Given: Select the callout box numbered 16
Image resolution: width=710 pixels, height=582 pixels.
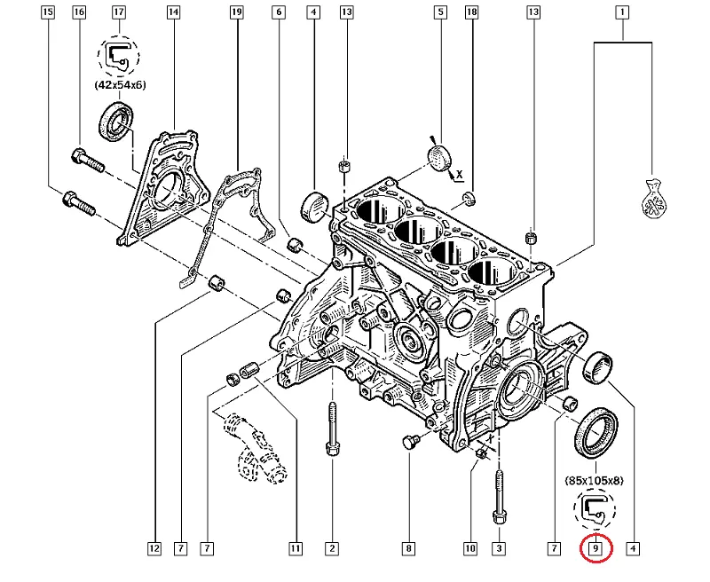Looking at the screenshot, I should pyautogui.click(x=79, y=12).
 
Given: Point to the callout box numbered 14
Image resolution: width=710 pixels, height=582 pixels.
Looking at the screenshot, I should pyautogui.click(x=173, y=12).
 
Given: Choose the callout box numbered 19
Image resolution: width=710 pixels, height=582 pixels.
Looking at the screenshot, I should pyautogui.click(x=236, y=12).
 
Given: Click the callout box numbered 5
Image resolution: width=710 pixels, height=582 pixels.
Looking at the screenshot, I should pyautogui.click(x=439, y=12).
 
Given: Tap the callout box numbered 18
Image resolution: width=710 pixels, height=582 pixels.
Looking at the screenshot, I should pyautogui.click(x=471, y=12).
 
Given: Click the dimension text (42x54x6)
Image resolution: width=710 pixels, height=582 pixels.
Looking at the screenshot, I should pyautogui.click(x=119, y=86).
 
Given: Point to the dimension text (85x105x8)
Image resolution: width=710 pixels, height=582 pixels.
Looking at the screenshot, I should pyautogui.click(x=594, y=482).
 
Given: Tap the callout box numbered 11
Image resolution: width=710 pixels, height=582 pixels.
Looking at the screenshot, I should pyautogui.click(x=294, y=549).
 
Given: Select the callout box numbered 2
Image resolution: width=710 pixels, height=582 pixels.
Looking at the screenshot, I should pyautogui.click(x=331, y=549).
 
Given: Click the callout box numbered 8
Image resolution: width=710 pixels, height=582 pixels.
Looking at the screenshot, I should pyautogui.click(x=408, y=549).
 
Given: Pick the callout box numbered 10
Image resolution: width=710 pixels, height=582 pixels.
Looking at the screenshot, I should pyautogui.click(x=470, y=549).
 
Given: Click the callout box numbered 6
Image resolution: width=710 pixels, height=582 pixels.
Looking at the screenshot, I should pyautogui.click(x=279, y=12).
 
